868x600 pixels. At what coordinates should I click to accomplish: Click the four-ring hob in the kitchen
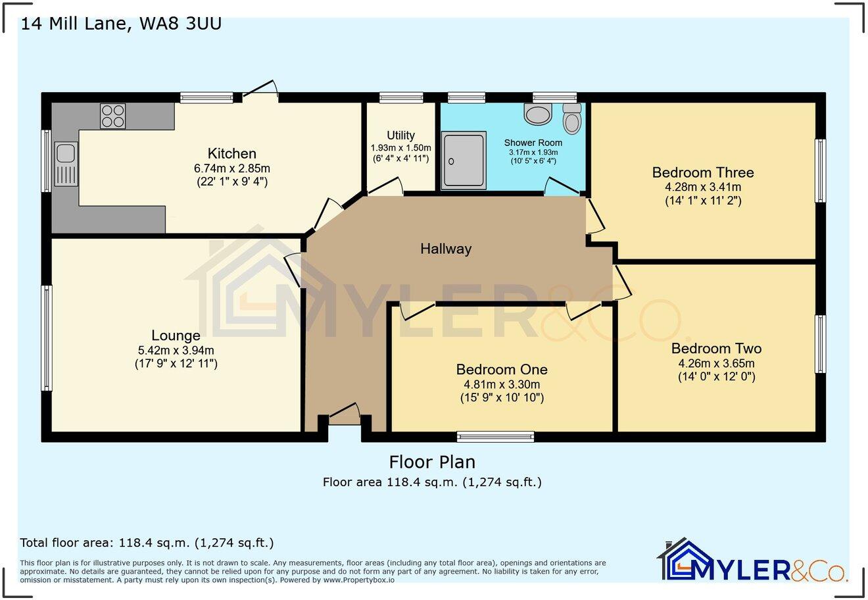[x=112, y=116]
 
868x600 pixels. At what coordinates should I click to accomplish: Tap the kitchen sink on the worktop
[x=66, y=164]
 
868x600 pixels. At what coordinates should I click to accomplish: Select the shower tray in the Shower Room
[x=464, y=161]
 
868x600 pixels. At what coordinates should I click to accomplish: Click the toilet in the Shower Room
[x=572, y=118]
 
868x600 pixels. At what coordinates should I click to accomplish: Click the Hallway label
[x=446, y=249]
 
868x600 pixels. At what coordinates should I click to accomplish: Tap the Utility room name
[x=400, y=136]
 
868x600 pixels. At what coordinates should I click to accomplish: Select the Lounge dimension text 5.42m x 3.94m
[x=176, y=351]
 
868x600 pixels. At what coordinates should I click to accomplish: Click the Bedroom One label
[x=502, y=369]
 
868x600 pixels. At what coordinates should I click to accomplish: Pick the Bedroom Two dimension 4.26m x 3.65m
[x=717, y=364]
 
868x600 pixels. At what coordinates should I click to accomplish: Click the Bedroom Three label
[x=703, y=172]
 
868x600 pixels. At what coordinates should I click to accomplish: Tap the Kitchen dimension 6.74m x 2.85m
[x=232, y=168]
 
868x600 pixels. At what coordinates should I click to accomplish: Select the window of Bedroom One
[x=495, y=437]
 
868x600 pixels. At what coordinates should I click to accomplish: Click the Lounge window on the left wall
[x=47, y=338]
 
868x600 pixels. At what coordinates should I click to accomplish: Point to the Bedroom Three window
[x=821, y=171]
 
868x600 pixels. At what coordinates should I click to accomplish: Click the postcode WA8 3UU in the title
[x=181, y=24]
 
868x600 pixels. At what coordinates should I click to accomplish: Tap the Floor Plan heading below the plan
[x=432, y=462]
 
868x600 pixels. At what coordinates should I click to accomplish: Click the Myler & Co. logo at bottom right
[x=752, y=560]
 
